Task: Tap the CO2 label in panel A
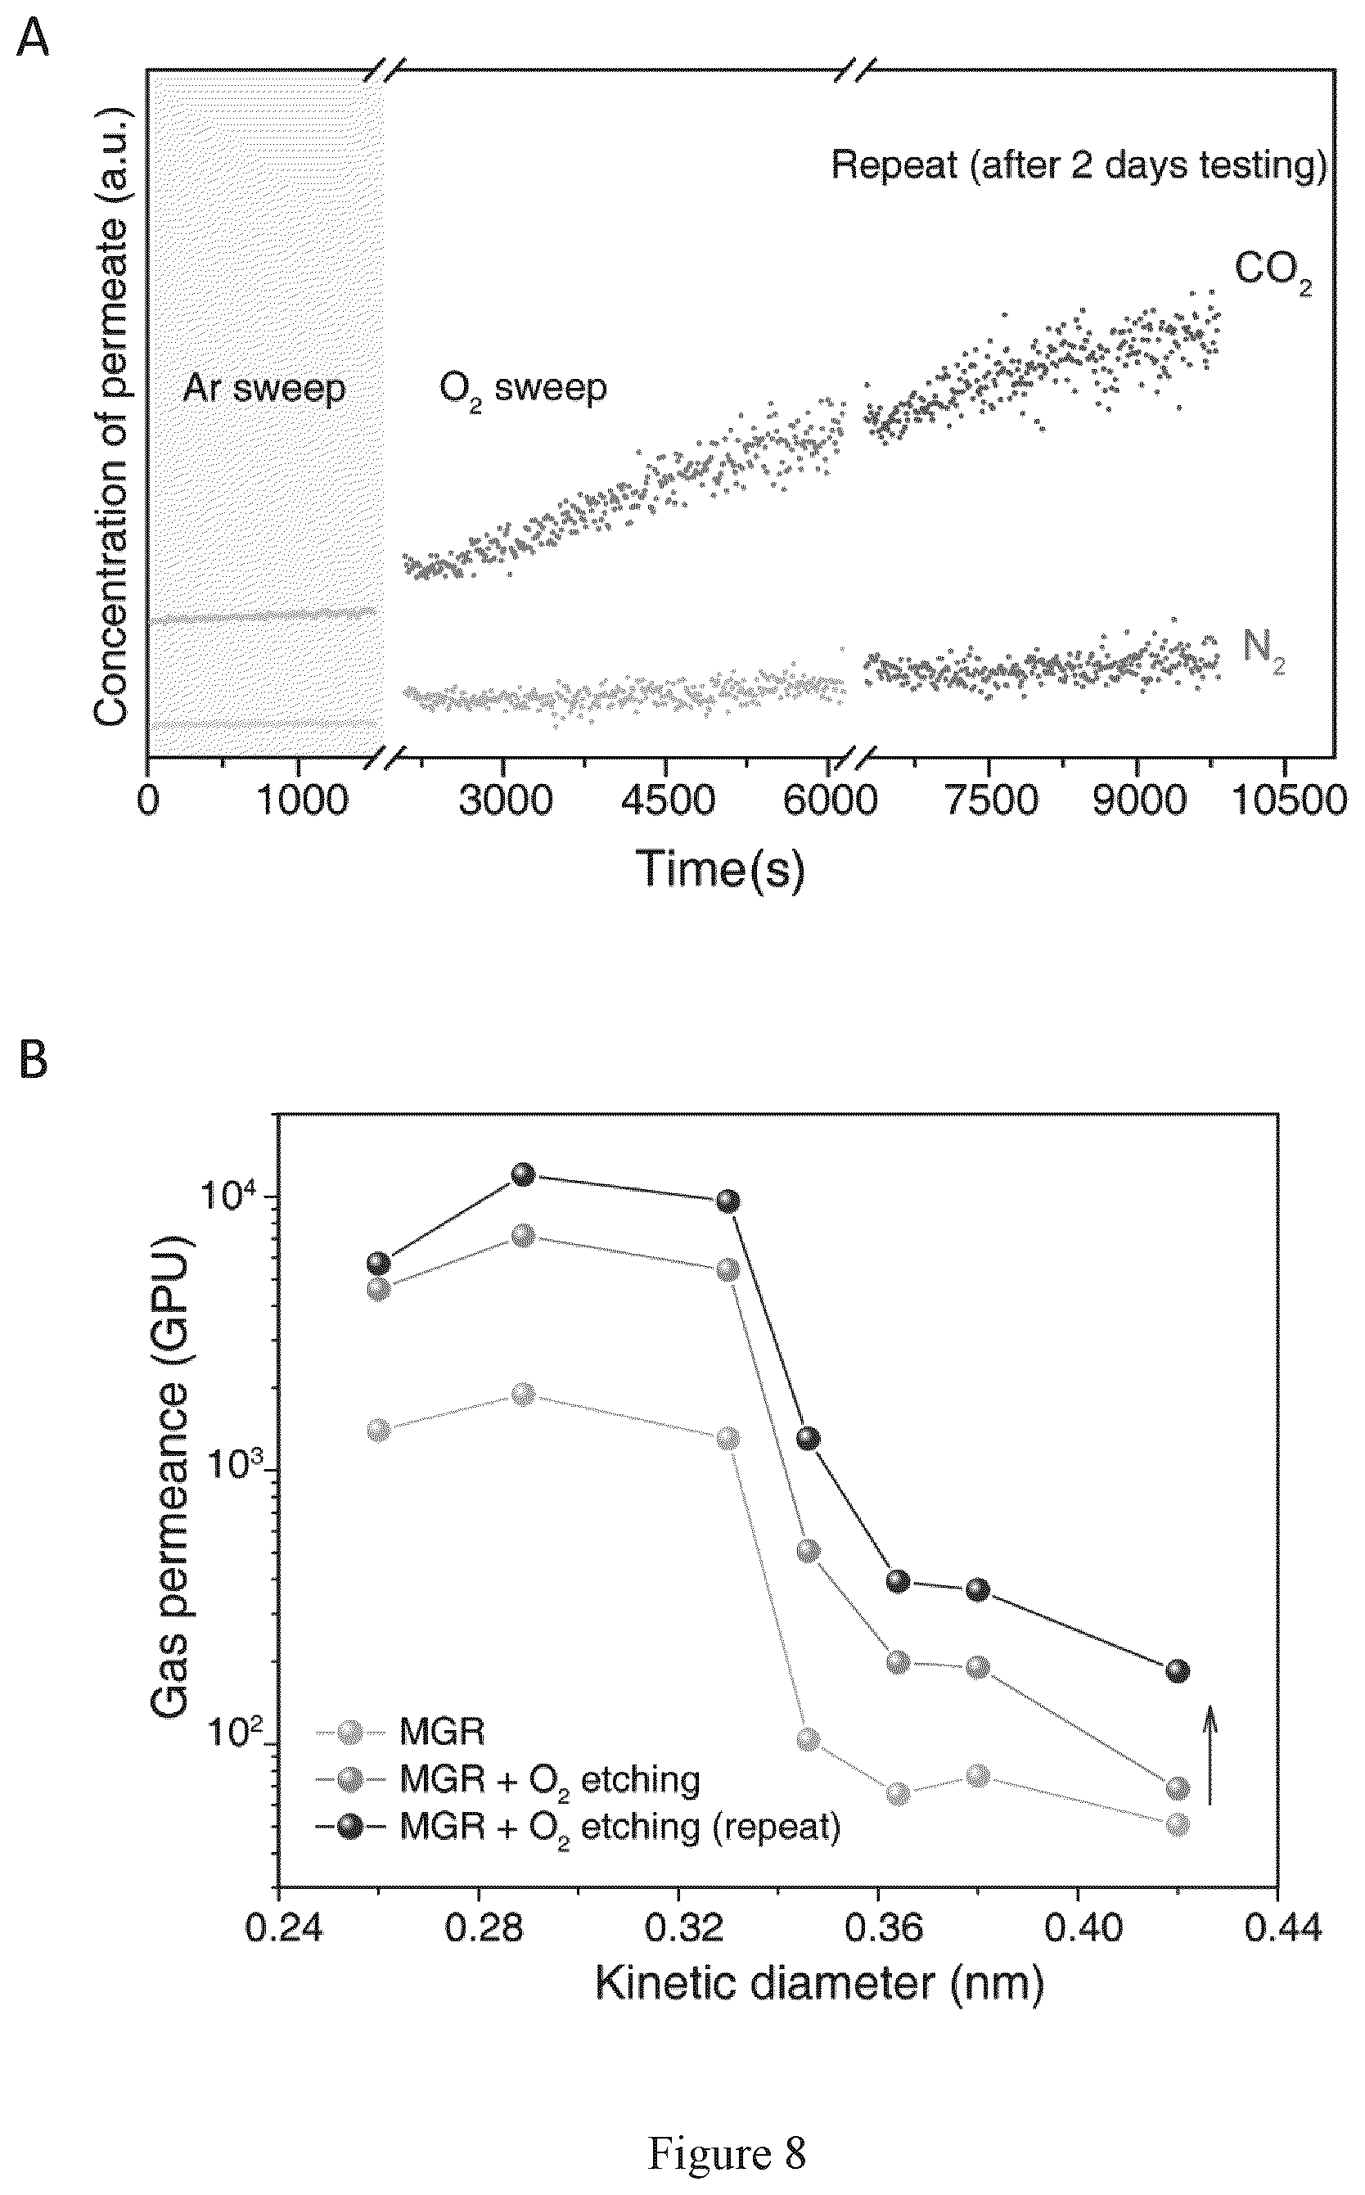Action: (x=1272, y=270)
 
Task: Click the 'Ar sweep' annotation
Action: (x=264, y=388)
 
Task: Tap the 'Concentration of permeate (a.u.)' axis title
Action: (x=113, y=418)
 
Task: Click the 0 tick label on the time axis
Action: (x=148, y=801)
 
